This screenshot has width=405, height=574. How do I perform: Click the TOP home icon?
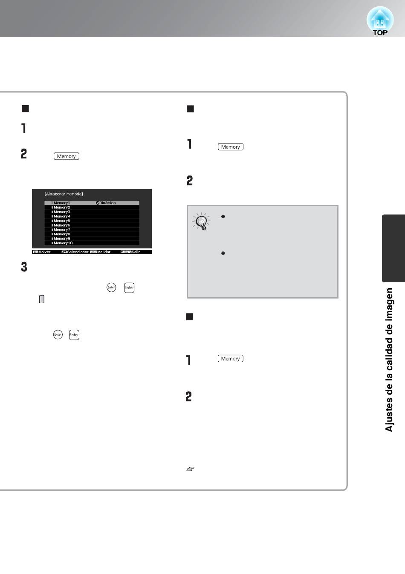(380, 21)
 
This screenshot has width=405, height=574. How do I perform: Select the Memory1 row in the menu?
(92, 203)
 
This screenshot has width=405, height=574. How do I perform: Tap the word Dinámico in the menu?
(107, 203)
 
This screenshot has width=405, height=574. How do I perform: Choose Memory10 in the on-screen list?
(63, 243)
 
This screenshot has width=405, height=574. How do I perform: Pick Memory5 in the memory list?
(62, 221)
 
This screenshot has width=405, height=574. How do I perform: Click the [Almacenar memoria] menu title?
(64, 194)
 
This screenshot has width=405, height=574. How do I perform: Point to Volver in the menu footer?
(44, 252)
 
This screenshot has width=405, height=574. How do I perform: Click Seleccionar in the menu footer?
(78, 252)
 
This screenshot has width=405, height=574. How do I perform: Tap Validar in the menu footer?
(104, 252)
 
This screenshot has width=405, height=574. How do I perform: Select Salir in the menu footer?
(136, 252)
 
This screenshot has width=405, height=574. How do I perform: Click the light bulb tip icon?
(202, 221)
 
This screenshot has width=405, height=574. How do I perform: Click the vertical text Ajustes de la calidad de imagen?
(389, 360)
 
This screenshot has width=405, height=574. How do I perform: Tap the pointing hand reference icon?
(190, 469)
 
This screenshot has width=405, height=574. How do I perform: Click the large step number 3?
(24, 267)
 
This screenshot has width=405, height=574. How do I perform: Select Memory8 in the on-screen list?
(62, 234)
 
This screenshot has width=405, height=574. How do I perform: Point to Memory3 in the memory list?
(62, 212)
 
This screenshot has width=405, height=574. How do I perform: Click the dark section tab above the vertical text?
(393, 248)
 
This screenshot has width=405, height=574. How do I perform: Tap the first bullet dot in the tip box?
(223, 217)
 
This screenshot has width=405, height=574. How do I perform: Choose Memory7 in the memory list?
(62, 230)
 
